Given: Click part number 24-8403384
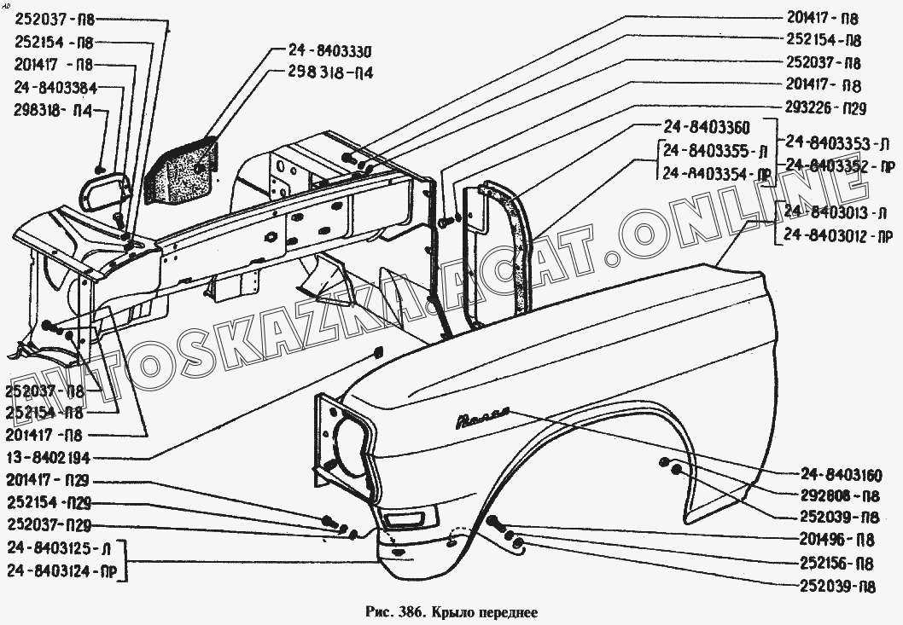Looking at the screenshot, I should point(55,87).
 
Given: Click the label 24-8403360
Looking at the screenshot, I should point(705,130).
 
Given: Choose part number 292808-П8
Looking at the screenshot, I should point(841,496).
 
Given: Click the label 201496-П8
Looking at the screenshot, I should point(836,541).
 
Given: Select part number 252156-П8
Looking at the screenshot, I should point(836,564).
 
